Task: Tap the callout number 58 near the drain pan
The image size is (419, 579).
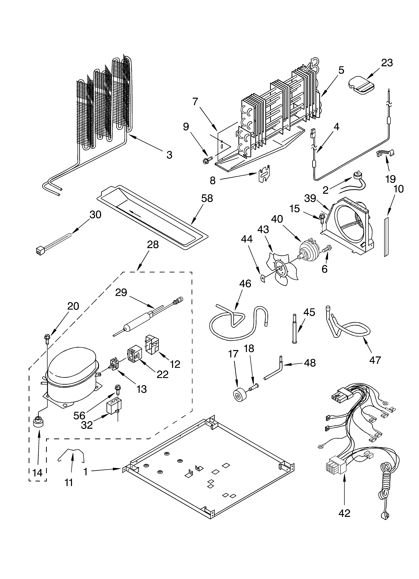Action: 207,198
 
